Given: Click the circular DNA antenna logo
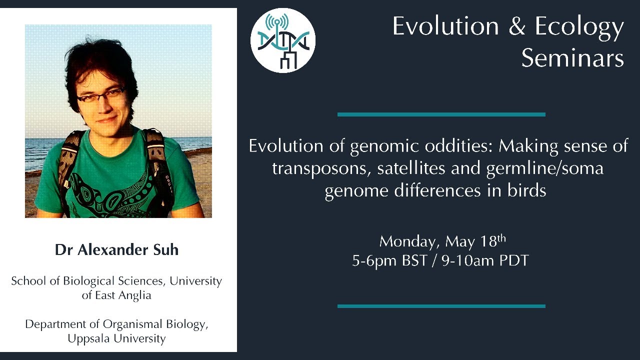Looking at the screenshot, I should [x=282, y=40].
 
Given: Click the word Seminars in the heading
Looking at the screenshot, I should [x=572, y=58].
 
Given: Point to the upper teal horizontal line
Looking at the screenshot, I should [x=441, y=114].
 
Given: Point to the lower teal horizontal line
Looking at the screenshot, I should [x=441, y=306].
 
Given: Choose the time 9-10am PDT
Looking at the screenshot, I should [x=485, y=261].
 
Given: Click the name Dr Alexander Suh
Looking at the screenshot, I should [x=116, y=250].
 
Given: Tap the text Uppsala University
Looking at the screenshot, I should [x=116, y=338].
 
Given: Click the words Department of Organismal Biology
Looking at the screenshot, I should [x=116, y=324].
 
